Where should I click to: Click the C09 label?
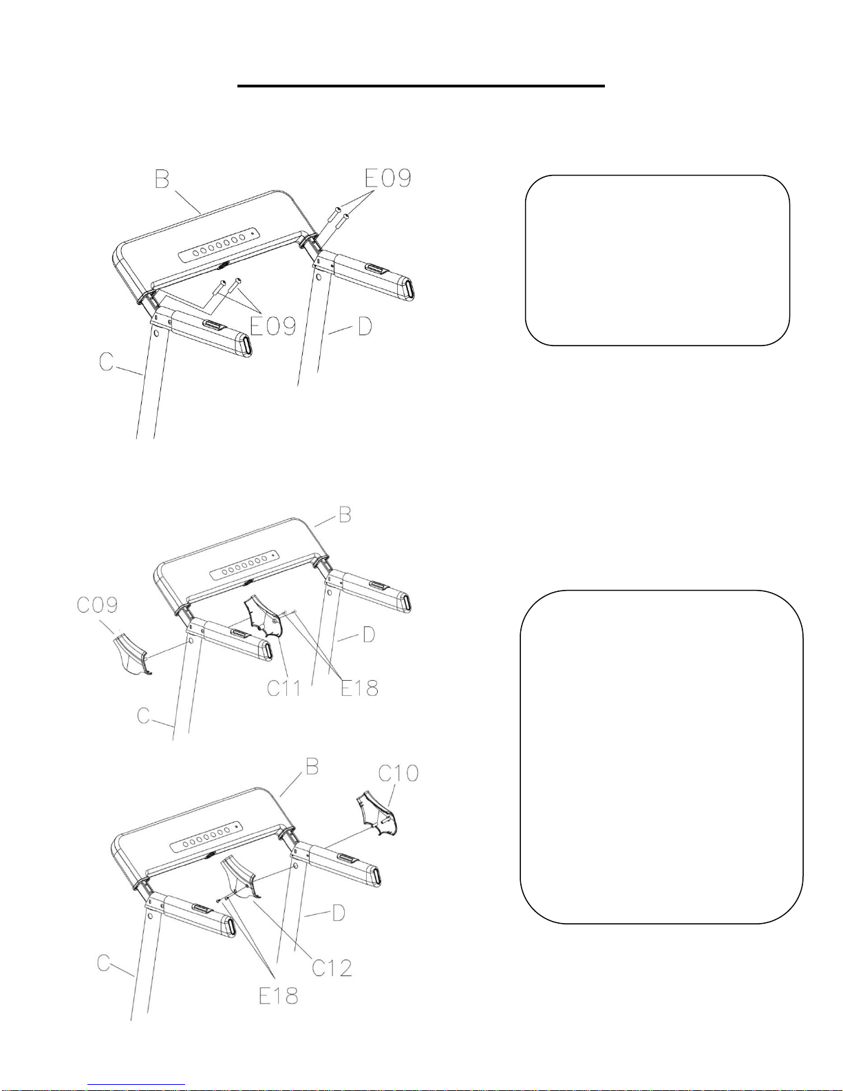click(x=97, y=605)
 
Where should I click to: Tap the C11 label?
click(x=284, y=688)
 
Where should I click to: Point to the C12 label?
click(x=332, y=968)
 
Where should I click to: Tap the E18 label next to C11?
click(x=359, y=688)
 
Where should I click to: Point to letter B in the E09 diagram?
click(x=162, y=179)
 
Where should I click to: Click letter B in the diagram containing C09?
click(x=345, y=515)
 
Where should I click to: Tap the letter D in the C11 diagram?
click(x=368, y=634)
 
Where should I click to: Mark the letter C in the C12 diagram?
click(x=103, y=962)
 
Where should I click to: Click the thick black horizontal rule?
click(x=421, y=86)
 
